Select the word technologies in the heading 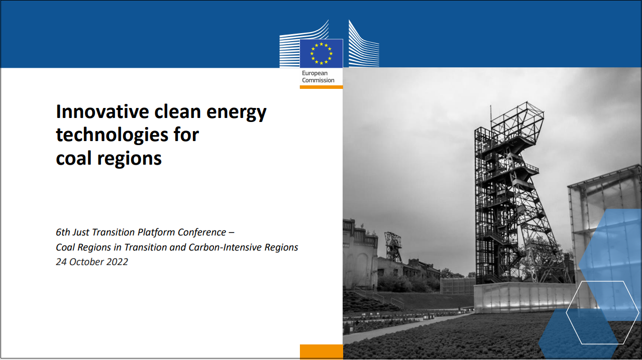(x=112, y=135)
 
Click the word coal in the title (x=74, y=158)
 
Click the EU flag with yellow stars (x=322, y=53)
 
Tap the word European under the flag (x=314, y=73)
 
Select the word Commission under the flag (x=318, y=80)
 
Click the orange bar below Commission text (x=322, y=87)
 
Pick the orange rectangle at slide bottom (x=322, y=351)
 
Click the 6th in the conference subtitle (x=63, y=232)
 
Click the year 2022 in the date (x=117, y=262)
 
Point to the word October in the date (x=86, y=262)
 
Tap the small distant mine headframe (x=393, y=247)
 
